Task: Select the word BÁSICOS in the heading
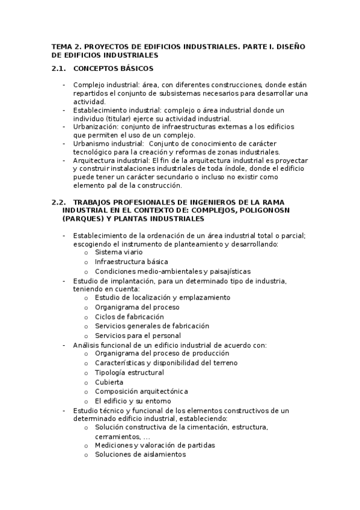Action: [x=136, y=69]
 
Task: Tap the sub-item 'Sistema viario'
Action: [x=119, y=253]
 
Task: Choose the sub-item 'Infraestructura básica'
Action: [x=131, y=262]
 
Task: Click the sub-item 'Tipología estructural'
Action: [x=129, y=373]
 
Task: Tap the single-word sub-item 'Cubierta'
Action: [x=109, y=382]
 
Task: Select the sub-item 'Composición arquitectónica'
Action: [x=141, y=391]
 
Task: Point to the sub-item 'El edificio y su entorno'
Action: [x=133, y=401]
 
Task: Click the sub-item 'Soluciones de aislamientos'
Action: [x=140, y=455]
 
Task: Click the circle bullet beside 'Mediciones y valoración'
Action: [x=87, y=446]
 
